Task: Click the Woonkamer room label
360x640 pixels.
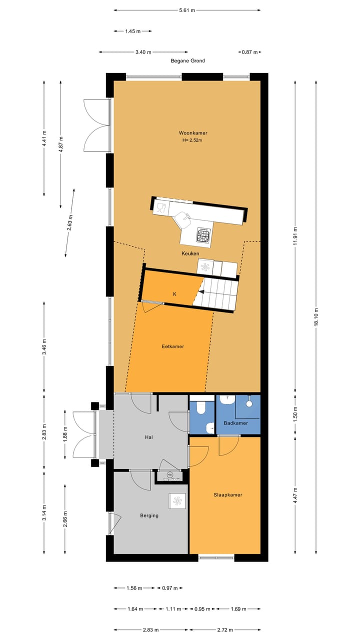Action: click(x=193, y=133)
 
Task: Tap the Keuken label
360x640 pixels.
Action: click(x=190, y=254)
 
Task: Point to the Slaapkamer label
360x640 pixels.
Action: click(x=227, y=495)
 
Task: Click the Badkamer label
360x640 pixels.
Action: click(x=235, y=423)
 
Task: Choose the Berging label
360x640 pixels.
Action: click(x=149, y=515)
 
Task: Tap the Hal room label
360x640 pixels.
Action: click(x=148, y=437)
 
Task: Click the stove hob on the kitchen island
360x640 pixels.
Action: click(x=203, y=235)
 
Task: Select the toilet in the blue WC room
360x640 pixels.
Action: click(x=201, y=408)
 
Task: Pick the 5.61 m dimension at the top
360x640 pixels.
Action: click(x=187, y=10)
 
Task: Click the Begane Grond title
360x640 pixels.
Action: click(x=187, y=61)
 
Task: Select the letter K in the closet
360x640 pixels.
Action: click(x=174, y=294)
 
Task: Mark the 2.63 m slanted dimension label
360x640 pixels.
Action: click(x=70, y=221)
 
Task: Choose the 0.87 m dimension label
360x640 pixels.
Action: click(x=248, y=52)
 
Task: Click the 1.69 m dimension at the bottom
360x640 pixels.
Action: click(x=238, y=609)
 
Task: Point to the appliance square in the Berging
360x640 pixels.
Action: click(x=177, y=501)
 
